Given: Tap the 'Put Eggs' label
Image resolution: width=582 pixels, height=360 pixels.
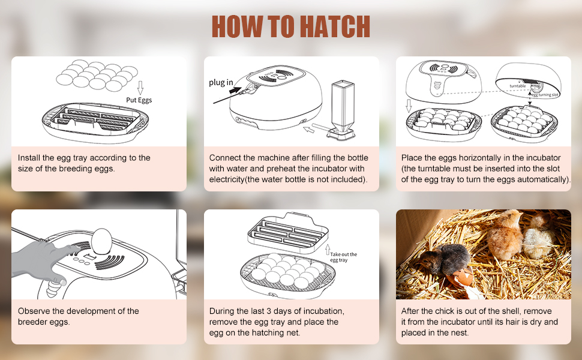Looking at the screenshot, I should click(139, 100).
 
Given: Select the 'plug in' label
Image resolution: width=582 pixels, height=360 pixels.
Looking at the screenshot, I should click(221, 83).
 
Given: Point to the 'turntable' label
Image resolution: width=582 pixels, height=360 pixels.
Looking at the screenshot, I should click(518, 86).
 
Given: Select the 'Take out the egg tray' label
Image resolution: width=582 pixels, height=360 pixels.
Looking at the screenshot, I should click(343, 257).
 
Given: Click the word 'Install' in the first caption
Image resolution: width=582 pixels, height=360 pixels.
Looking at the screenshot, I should click(29, 158).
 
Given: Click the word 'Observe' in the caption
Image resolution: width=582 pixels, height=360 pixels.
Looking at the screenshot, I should click(34, 311).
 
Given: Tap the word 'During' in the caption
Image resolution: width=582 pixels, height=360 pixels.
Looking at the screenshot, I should click(223, 311).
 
